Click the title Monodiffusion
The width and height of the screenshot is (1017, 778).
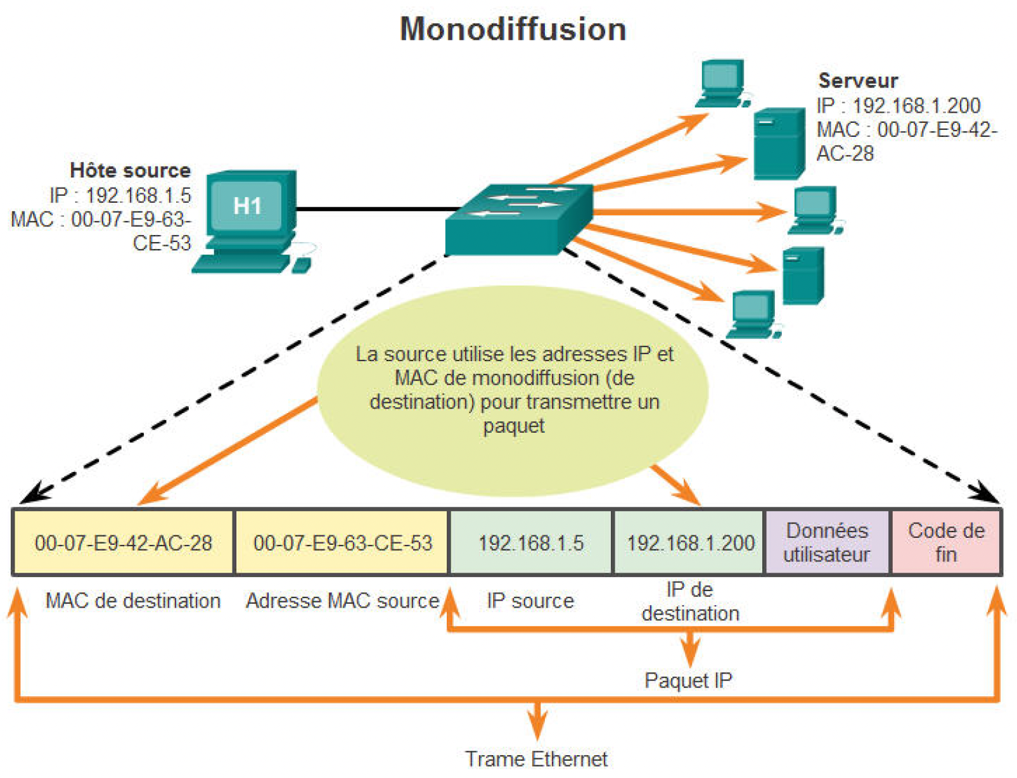point(513,29)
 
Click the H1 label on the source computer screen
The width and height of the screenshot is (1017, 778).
point(247,206)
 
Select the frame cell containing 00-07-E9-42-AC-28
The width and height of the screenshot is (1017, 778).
point(124,543)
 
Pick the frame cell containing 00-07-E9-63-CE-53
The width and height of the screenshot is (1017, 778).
point(342,543)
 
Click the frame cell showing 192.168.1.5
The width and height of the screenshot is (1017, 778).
point(531,543)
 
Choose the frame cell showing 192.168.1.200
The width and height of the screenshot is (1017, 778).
point(690,543)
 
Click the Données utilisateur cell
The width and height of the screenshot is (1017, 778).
point(827,542)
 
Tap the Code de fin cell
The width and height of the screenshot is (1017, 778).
point(946,542)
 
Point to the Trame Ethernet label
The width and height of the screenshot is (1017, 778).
point(536,758)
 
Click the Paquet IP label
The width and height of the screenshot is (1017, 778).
point(688,680)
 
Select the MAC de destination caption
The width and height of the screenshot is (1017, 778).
point(133,601)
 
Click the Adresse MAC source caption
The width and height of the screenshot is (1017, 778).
point(342,601)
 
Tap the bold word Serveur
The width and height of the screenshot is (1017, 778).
point(858,80)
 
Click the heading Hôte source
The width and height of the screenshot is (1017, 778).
point(130,170)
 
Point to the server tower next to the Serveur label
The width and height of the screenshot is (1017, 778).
point(779,144)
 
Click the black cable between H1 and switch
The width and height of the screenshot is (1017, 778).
point(377,208)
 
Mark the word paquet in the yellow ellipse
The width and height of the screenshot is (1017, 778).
point(513,426)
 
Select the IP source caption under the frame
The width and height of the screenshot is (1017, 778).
point(530,601)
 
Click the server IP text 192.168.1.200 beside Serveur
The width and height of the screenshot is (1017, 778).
point(916,105)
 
